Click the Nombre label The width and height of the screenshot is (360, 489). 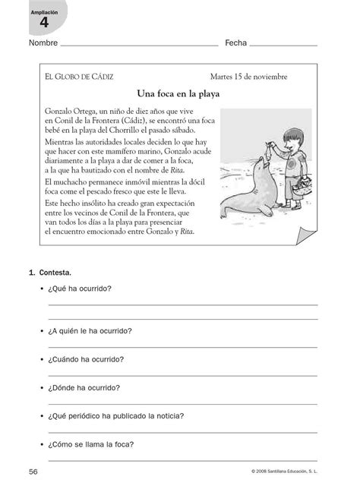[43, 44]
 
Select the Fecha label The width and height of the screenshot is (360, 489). [235, 44]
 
